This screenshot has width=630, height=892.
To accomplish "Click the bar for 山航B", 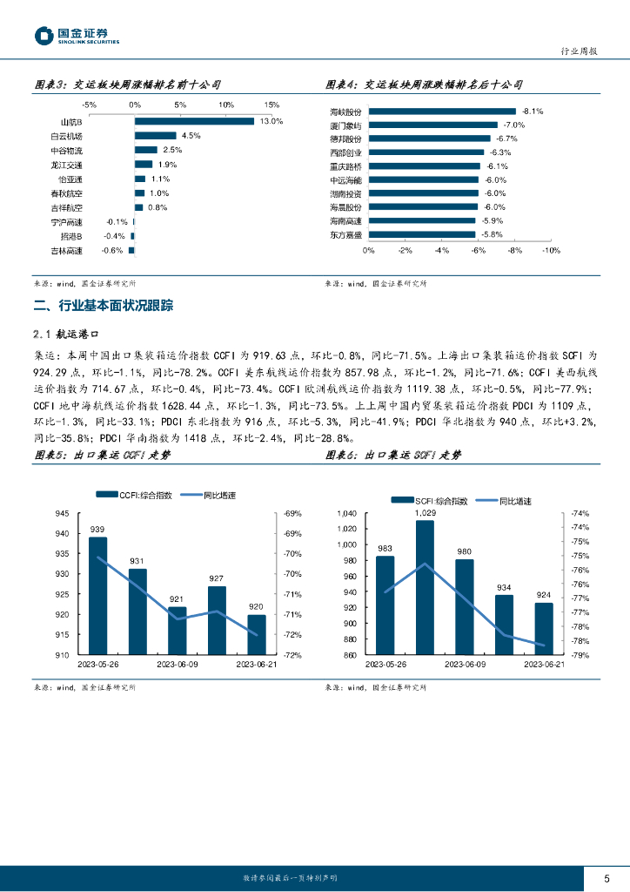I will click(x=193, y=121).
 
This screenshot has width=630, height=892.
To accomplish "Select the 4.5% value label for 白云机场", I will click(x=191, y=136).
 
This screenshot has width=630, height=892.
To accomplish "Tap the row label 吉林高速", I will click(x=66, y=251).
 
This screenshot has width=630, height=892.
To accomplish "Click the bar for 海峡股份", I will click(x=445, y=111).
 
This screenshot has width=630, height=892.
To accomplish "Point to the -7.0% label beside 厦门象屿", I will click(x=514, y=125).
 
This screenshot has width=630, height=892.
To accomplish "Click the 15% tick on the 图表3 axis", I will click(x=271, y=105).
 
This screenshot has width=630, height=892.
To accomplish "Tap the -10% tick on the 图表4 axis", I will click(x=552, y=250).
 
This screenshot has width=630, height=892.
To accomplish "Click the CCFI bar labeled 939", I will click(x=97, y=596).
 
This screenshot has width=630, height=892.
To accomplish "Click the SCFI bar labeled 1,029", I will click(x=425, y=588).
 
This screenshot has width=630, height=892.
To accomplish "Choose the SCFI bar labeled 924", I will click(x=543, y=629).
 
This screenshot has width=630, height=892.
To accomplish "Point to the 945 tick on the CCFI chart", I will click(x=62, y=513).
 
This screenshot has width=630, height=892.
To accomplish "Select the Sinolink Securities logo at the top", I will click(x=77, y=35).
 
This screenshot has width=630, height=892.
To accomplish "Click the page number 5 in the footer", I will click(x=607, y=877).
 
